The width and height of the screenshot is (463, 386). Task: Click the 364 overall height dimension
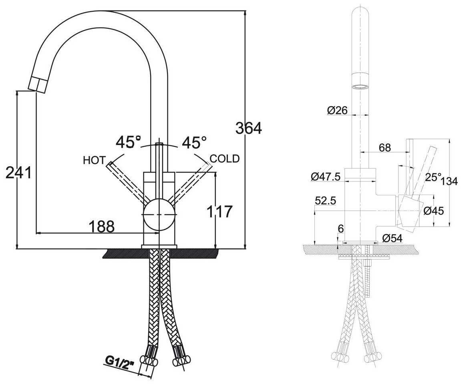point(248,129)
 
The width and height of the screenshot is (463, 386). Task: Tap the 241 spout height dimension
point(18,173)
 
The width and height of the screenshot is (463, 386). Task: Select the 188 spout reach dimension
point(101,227)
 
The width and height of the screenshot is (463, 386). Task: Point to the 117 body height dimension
point(219,211)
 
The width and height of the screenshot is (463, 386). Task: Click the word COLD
point(225,159)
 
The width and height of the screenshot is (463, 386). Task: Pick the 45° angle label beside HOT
point(128,142)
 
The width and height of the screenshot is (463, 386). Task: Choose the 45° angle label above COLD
point(194,142)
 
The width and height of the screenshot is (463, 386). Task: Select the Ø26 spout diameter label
point(337,111)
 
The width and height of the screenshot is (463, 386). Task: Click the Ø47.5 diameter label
point(325,176)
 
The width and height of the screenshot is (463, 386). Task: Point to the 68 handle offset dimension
point(384,147)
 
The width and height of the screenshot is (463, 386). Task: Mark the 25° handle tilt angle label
point(433,177)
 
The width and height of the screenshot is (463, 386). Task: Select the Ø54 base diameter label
point(392,238)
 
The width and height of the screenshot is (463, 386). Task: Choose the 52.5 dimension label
point(325,201)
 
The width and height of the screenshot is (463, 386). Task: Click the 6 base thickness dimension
point(341,229)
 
